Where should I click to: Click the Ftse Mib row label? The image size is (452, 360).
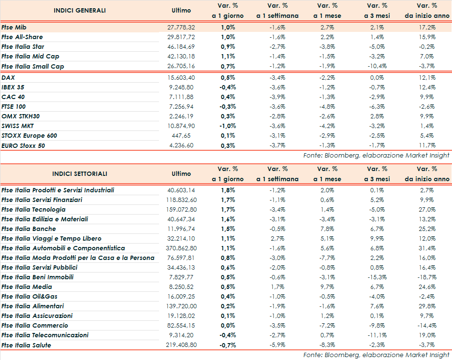[14, 28]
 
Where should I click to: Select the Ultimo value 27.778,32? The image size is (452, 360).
[181, 28]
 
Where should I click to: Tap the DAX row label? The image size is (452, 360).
[8, 77]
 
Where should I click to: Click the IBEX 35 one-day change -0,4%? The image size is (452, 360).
[228, 87]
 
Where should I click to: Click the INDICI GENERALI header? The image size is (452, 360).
[80, 10]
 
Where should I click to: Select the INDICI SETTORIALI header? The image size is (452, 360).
[80, 174]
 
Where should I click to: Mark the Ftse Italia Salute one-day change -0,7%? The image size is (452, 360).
[228, 345]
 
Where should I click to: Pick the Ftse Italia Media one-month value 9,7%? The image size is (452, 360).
[328, 287]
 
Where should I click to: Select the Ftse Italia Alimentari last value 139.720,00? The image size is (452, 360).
[181, 306]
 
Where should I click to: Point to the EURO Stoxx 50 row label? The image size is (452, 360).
[23, 145]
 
